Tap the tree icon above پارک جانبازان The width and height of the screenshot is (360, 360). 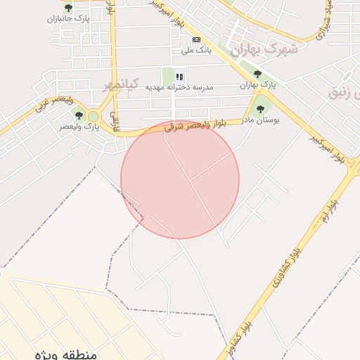(67, 8)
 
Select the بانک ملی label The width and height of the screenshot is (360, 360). (196, 51)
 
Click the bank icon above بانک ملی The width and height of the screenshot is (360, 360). (196, 39)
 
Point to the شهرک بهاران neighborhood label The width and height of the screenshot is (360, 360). (264, 50)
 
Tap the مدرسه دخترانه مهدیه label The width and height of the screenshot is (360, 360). (179, 87)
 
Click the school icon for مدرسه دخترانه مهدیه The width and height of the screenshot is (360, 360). (179, 76)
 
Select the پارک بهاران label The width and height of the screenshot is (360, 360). (258, 84)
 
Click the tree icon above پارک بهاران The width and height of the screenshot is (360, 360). (257, 73)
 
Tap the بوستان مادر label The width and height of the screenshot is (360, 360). (262, 120)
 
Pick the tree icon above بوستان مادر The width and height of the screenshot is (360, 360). (261, 108)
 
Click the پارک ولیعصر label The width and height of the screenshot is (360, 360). (77, 127)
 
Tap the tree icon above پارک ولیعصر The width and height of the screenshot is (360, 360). (78, 115)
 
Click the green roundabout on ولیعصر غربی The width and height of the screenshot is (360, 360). (93, 116)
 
